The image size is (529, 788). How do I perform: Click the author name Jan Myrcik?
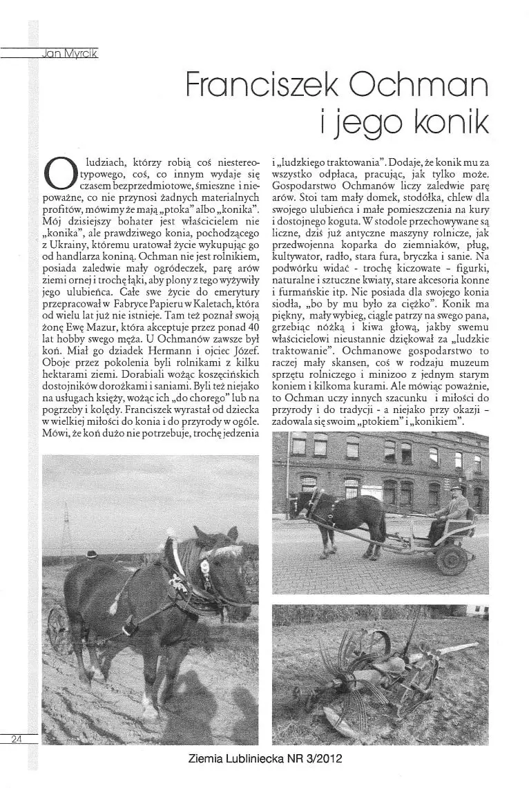[70, 53]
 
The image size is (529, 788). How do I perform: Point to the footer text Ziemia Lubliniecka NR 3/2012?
[265, 758]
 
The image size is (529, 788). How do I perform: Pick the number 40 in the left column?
[251, 323]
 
